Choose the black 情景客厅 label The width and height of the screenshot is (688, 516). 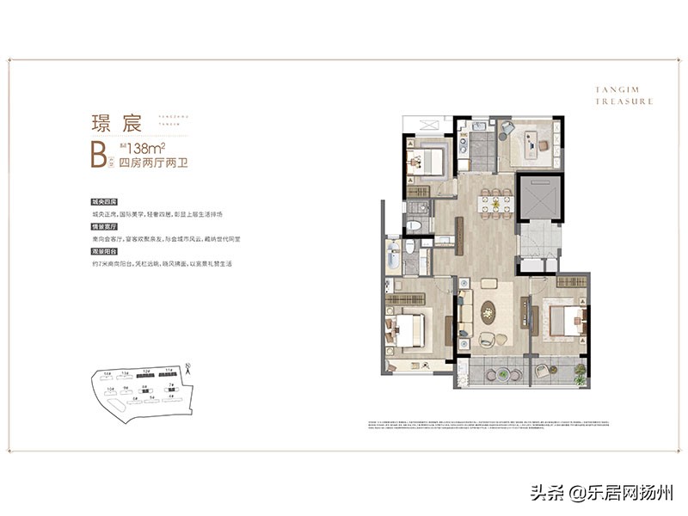point(103,227)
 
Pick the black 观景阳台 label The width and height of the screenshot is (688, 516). point(103,252)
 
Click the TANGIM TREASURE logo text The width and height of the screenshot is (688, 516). point(623,95)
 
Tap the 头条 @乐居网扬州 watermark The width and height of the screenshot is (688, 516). point(612,493)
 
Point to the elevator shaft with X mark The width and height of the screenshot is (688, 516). point(539,199)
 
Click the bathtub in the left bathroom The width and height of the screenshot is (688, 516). point(395,256)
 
